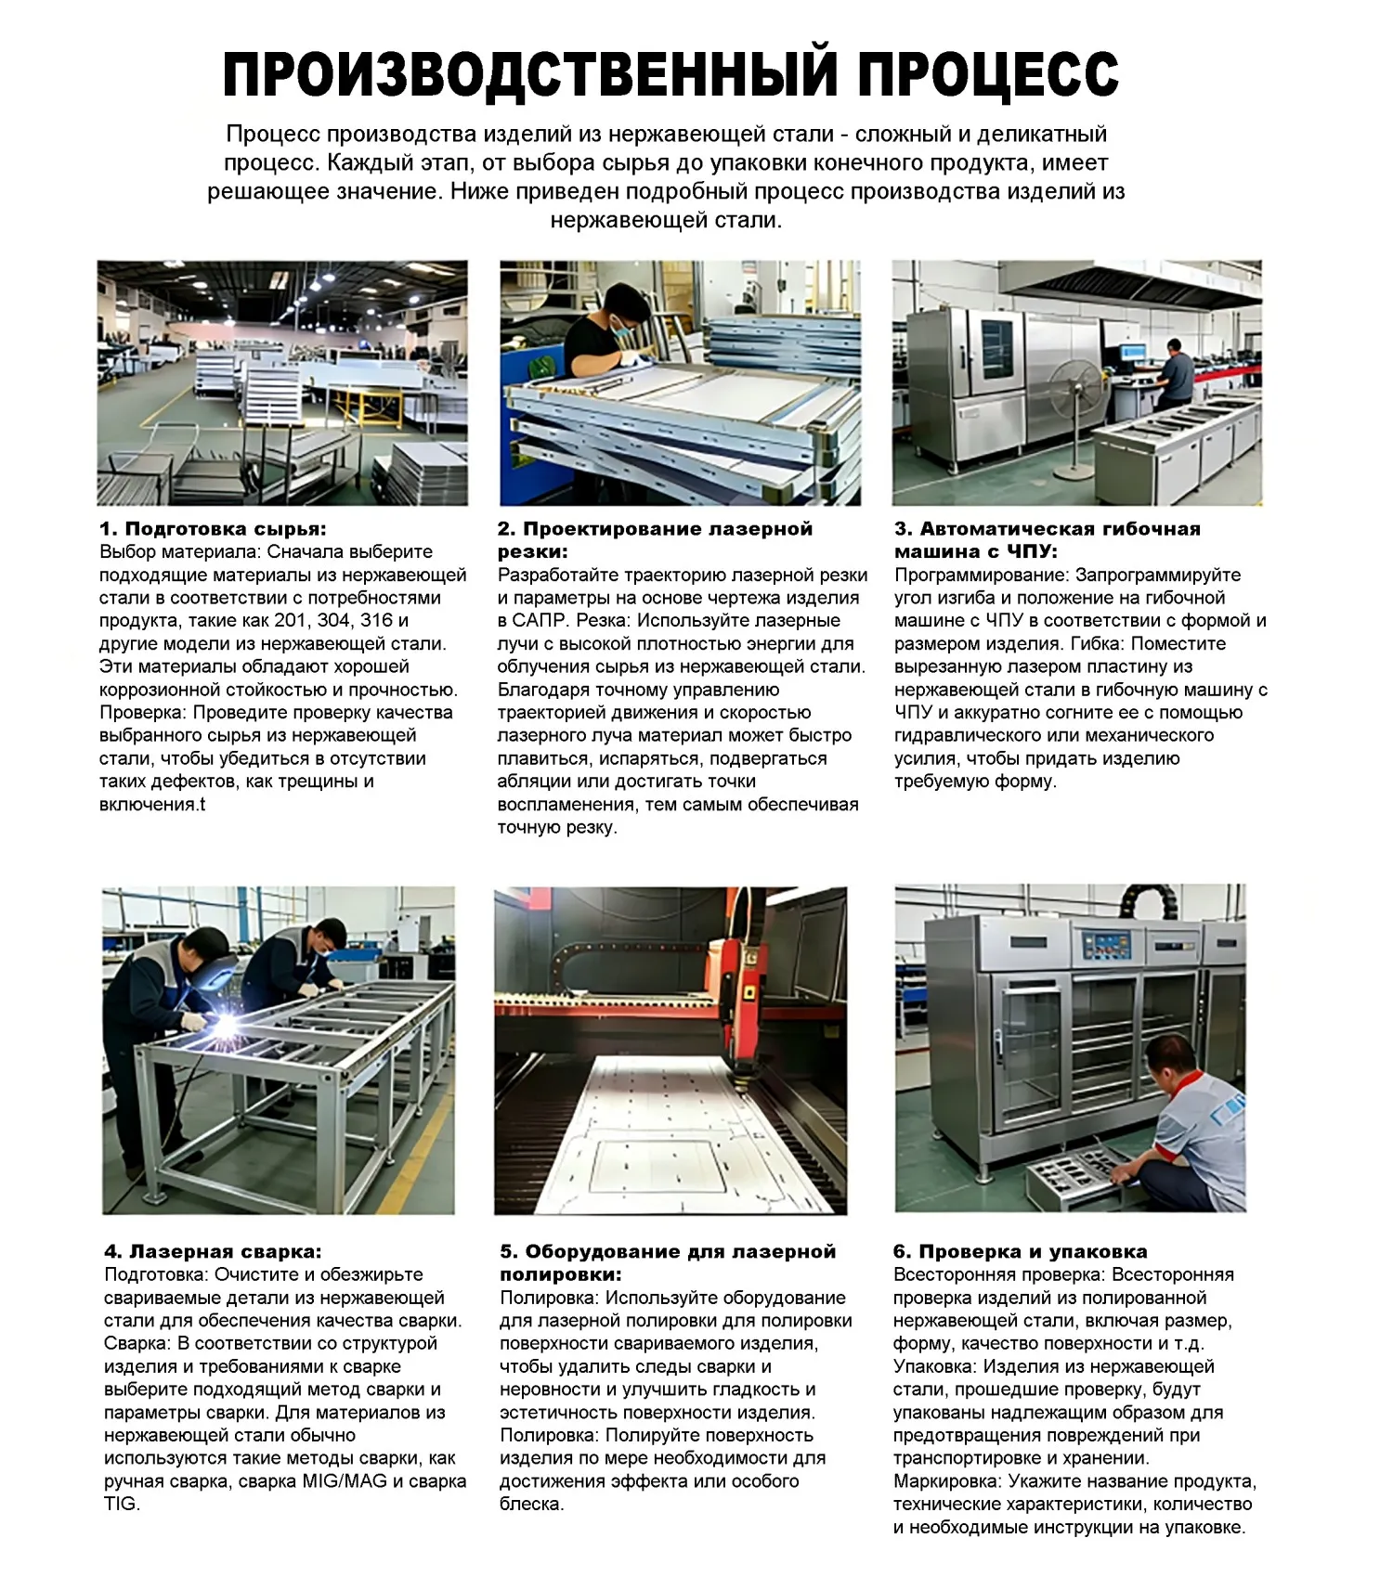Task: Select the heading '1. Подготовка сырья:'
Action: coord(213,529)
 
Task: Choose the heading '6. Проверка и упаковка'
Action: coord(1020,1251)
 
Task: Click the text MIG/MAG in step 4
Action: coord(345,1480)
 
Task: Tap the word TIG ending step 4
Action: coord(120,1504)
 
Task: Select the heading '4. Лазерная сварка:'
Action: coord(213,1251)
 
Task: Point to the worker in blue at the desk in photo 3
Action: coord(1177,371)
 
